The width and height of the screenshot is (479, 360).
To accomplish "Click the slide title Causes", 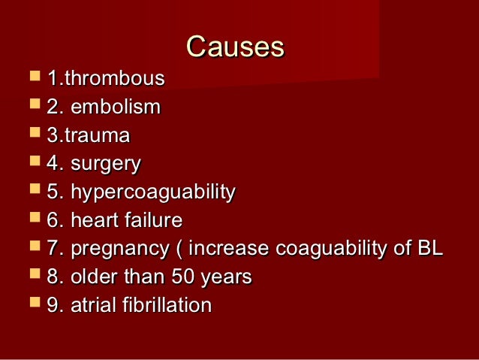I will [x=235, y=47].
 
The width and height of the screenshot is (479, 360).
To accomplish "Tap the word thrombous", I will [x=116, y=79].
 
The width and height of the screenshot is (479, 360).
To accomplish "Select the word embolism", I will [x=116, y=107].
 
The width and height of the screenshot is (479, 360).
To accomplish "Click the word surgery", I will [x=105, y=165].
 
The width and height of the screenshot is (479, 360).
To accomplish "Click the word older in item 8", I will [x=92, y=277].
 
